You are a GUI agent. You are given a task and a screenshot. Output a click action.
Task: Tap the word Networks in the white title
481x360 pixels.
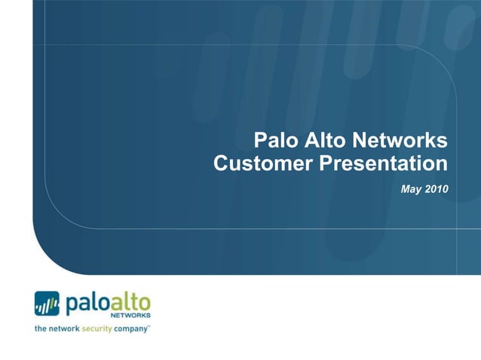(399, 142)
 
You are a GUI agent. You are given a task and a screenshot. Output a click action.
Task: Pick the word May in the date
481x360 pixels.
(411, 188)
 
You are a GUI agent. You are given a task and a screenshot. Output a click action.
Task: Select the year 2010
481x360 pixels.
(437, 188)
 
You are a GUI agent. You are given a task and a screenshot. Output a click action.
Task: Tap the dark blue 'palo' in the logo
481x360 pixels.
(90, 304)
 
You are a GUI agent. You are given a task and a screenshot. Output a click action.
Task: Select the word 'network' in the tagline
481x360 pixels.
(66, 330)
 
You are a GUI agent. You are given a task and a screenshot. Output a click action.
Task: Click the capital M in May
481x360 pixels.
(406, 188)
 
